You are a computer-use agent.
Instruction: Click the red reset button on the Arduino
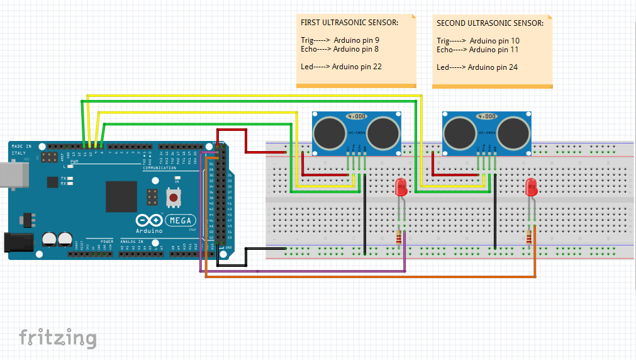172,198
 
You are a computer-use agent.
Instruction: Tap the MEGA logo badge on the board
181,220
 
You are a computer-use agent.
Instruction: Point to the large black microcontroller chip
121,196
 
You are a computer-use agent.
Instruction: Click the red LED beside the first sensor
401,187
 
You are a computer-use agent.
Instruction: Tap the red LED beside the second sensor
531,187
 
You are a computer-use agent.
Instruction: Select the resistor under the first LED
399,237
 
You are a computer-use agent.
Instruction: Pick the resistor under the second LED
528,237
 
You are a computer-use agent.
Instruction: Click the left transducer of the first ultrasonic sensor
328,132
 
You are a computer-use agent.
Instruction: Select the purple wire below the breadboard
302,271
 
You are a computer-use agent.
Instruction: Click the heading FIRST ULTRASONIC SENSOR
349,23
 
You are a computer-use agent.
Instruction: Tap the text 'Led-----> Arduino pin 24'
477,67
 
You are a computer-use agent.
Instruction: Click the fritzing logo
57,338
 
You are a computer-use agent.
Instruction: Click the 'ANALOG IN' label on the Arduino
132,241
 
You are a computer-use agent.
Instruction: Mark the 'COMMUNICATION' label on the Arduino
160,168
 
